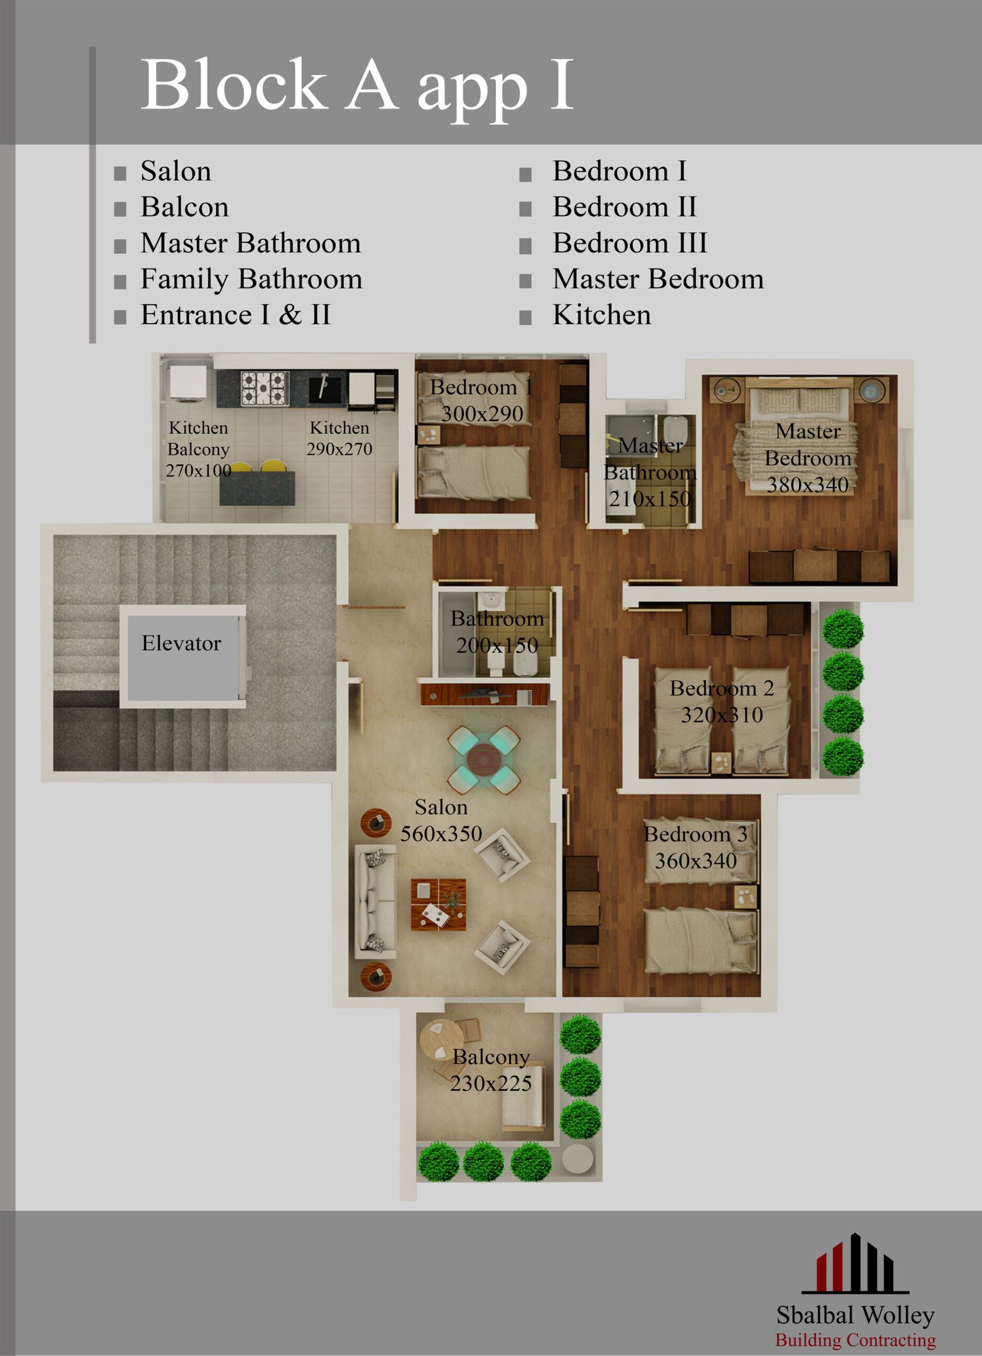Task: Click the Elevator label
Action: pyautogui.click(x=181, y=643)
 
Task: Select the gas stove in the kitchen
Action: pyautogui.click(x=265, y=388)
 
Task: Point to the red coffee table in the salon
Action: pyautogui.click(x=438, y=904)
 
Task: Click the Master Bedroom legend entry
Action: pyautogui.click(x=658, y=279)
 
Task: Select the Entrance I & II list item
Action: pyautogui.click(x=236, y=315)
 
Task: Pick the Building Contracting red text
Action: pyautogui.click(x=855, y=1339)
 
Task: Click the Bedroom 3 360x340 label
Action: pyautogui.click(x=695, y=848)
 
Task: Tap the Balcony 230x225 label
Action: pyautogui.click(x=491, y=1070)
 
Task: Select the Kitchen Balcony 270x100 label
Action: pyautogui.click(x=198, y=449)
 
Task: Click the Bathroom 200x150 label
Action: pyautogui.click(x=497, y=632)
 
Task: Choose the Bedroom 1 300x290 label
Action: pyautogui.click(x=482, y=400)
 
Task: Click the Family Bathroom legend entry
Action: pyautogui.click(x=251, y=279)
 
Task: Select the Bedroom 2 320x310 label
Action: pyautogui.click(x=722, y=702)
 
